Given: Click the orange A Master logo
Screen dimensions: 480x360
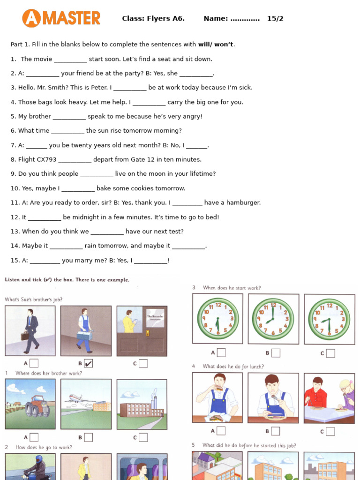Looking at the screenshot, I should click(x=61, y=18).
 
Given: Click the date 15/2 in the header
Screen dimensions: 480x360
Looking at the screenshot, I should click(x=275, y=19).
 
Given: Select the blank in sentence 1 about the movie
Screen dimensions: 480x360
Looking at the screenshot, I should click(x=70, y=60).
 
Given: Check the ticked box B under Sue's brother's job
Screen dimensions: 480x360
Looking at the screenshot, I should click(x=88, y=363).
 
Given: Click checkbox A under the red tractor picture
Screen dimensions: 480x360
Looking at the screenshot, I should click(x=34, y=437).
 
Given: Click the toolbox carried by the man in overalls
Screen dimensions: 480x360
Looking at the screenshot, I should click(x=84, y=335).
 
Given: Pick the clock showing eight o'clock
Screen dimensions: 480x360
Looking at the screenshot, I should click(x=273, y=318).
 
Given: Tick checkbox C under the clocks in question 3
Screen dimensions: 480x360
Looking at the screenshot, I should click(x=330, y=353).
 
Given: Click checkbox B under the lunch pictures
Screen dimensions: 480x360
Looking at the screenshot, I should click(x=276, y=431).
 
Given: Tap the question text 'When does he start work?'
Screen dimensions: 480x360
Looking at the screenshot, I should click(x=232, y=288).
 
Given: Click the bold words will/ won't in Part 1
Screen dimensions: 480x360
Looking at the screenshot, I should click(x=215, y=45).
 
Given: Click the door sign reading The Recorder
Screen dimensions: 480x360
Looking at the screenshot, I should click(x=155, y=317).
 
